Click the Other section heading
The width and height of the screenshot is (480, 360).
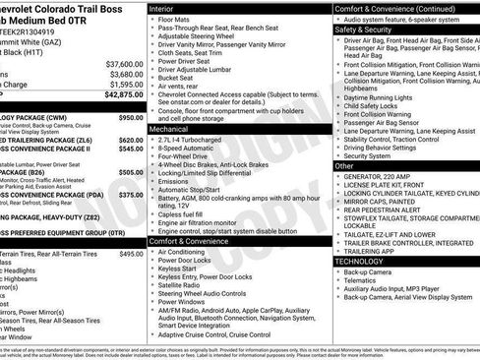point(344,166)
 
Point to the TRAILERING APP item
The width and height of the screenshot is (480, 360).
point(370,251)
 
